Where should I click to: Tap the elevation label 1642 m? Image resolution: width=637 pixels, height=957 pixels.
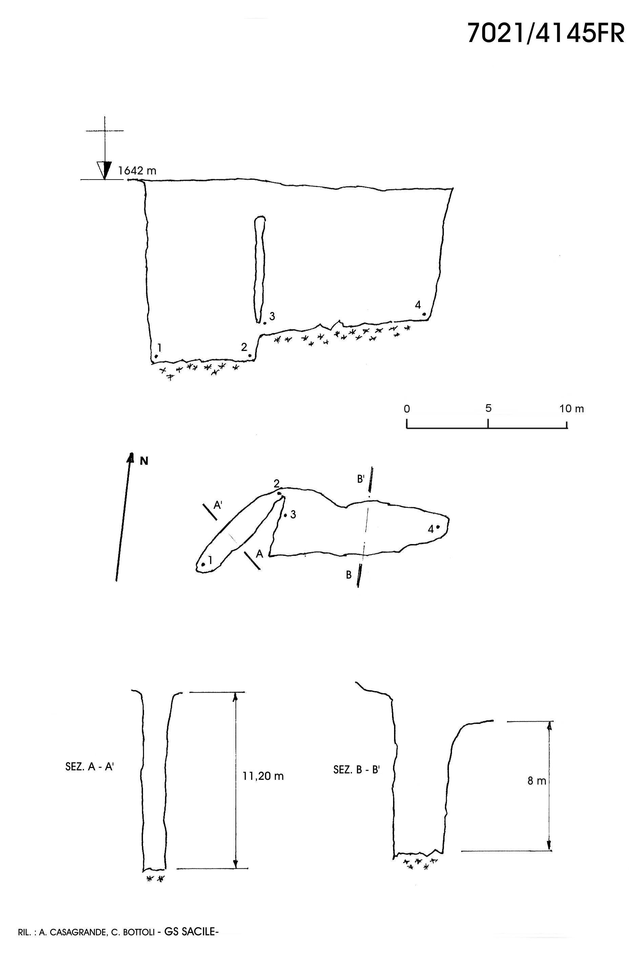pos(137,171)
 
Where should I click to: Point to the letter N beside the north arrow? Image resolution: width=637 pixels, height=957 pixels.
pos(144,461)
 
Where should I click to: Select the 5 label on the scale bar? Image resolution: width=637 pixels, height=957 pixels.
pos(488,408)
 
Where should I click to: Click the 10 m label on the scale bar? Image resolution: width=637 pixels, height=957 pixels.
pos(572,409)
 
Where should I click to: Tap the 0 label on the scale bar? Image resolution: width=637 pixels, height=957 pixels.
pos(407,409)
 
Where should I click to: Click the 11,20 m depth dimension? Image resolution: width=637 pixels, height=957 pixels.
pos(263,776)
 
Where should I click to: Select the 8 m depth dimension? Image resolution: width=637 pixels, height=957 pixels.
pos(537,780)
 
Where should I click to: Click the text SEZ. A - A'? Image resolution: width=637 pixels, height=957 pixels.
pos(89,767)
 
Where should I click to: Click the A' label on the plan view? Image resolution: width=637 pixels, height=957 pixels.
pos(218,505)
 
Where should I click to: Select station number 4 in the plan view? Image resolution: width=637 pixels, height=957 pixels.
pos(431,529)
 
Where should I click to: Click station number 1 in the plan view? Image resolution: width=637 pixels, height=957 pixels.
pos(210,561)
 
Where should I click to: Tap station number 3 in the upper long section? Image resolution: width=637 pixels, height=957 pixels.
pos(272,316)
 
